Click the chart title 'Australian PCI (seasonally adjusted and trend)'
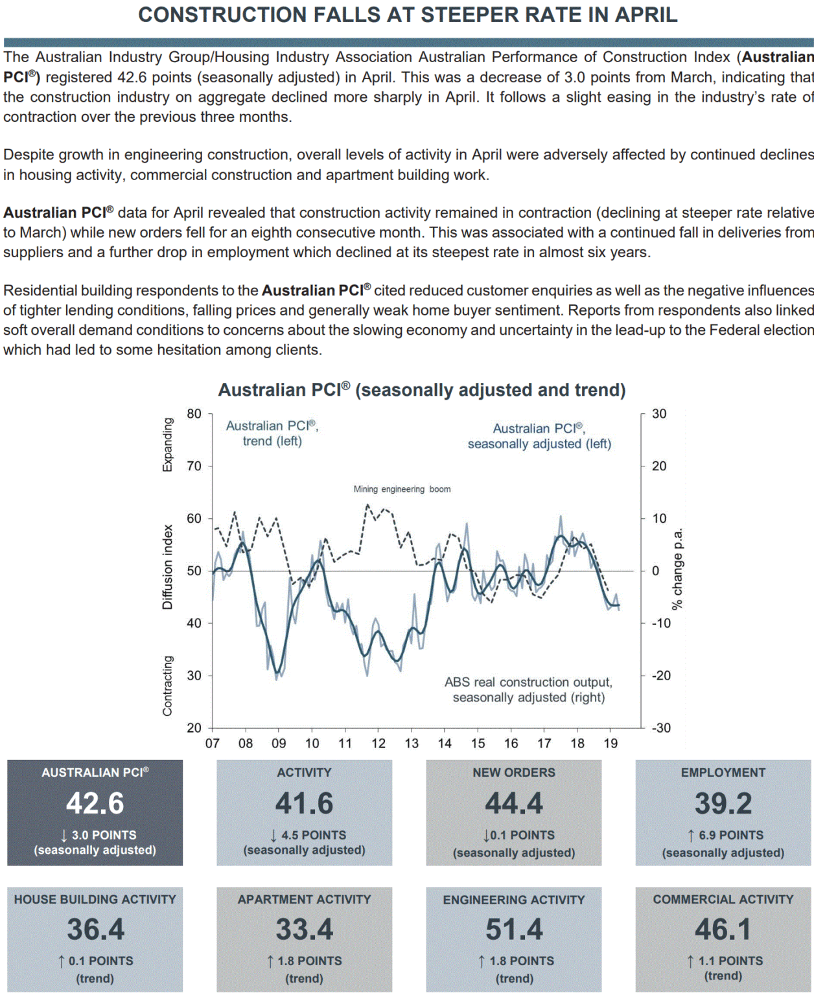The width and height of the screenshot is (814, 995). [x=422, y=390]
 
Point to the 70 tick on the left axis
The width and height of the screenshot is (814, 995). [x=194, y=466]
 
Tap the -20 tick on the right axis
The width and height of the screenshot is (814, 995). [x=661, y=675]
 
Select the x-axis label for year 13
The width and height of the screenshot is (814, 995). [x=412, y=743]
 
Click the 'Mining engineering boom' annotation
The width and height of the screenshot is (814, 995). [x=402, y=489]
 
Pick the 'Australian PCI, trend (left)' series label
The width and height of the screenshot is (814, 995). [x=272, y=433]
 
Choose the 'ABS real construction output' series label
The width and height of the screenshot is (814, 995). [x=528, y=689]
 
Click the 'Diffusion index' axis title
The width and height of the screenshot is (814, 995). [x=168, y=567]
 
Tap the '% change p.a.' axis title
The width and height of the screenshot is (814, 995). [x=677, y=569]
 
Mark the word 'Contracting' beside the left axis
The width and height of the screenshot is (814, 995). [x=168, y=685]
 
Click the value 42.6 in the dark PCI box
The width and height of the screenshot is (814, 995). [x=95, y=803]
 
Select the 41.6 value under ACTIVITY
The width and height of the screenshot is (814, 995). [x=304, y=803]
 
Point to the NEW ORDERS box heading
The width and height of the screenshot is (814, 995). [x=513, y=772]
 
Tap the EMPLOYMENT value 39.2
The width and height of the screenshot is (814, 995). [x=723, y=803]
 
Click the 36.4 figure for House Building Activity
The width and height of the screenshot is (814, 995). [x=95, y=930]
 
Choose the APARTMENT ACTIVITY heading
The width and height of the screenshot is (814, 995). [x=304, y=899]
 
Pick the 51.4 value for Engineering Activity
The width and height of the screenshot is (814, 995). [x=514, y=930]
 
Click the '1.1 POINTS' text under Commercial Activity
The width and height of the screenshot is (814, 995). [x=730, y=961]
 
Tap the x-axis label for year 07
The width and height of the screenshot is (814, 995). [x=213, y=743]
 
